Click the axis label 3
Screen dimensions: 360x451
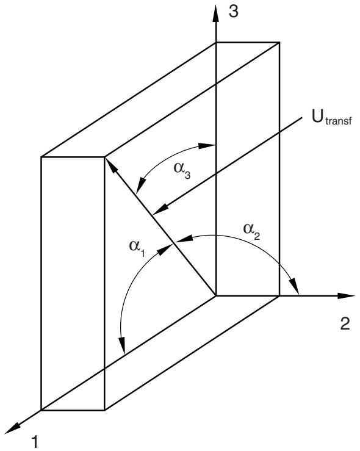(234, 12)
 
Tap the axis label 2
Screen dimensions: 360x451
(345, 323)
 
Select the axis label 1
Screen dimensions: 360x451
(35, 441)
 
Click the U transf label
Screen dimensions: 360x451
(331, 117)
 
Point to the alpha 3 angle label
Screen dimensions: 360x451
(182, 170)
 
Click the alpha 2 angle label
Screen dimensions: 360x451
(252, 231)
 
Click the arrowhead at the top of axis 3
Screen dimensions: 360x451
(216, 13)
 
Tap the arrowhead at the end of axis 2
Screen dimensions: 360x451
(346, 295)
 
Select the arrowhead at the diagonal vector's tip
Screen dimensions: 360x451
(111, 165)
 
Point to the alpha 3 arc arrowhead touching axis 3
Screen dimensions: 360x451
(207, 146)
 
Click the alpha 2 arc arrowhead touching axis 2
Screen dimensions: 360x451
(295, 286)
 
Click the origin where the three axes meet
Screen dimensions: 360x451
(216, 295)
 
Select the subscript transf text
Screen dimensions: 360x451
(339, 121)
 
